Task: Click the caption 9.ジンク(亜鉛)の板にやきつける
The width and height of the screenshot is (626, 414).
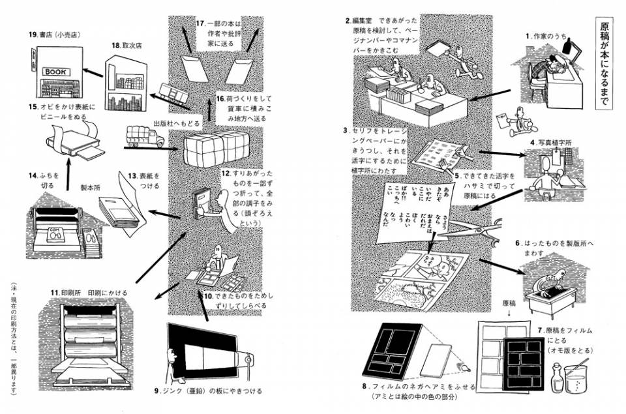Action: (x=209, y=391)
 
